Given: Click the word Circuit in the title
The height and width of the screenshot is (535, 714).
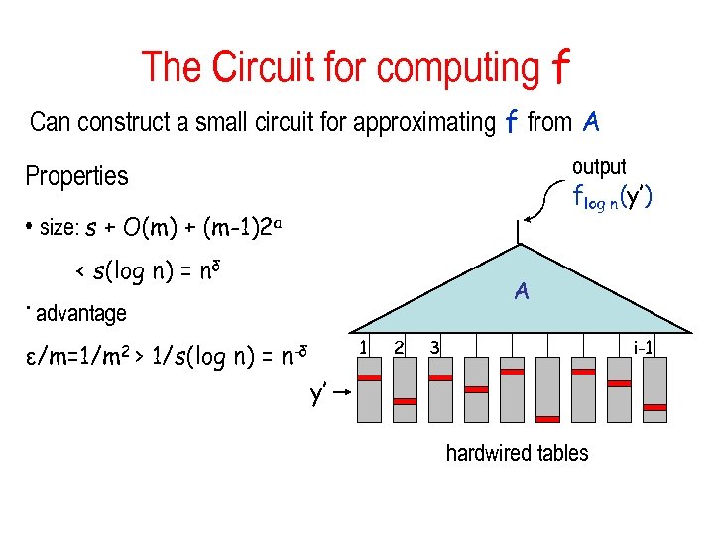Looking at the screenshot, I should point(261,67).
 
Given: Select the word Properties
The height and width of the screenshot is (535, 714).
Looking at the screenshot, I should point(76,176).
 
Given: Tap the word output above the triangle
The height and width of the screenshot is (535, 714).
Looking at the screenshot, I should point(599,167).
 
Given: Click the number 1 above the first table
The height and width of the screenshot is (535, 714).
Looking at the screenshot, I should point(364,346).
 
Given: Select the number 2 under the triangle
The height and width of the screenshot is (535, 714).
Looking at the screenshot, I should point(398,346).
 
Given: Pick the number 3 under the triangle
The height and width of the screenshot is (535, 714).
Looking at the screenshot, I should point(434,346).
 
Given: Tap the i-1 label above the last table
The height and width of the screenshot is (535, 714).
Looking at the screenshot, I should point(643,346).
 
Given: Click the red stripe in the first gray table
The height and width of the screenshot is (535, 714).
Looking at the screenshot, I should point(369,378).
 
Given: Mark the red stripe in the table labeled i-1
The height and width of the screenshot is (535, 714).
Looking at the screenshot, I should point(654,405).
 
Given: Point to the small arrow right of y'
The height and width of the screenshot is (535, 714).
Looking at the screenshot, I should point(342,393).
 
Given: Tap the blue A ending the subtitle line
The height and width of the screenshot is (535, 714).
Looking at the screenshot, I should point(591,122).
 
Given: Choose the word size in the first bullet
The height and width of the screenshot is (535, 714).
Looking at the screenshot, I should point(59,228).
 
